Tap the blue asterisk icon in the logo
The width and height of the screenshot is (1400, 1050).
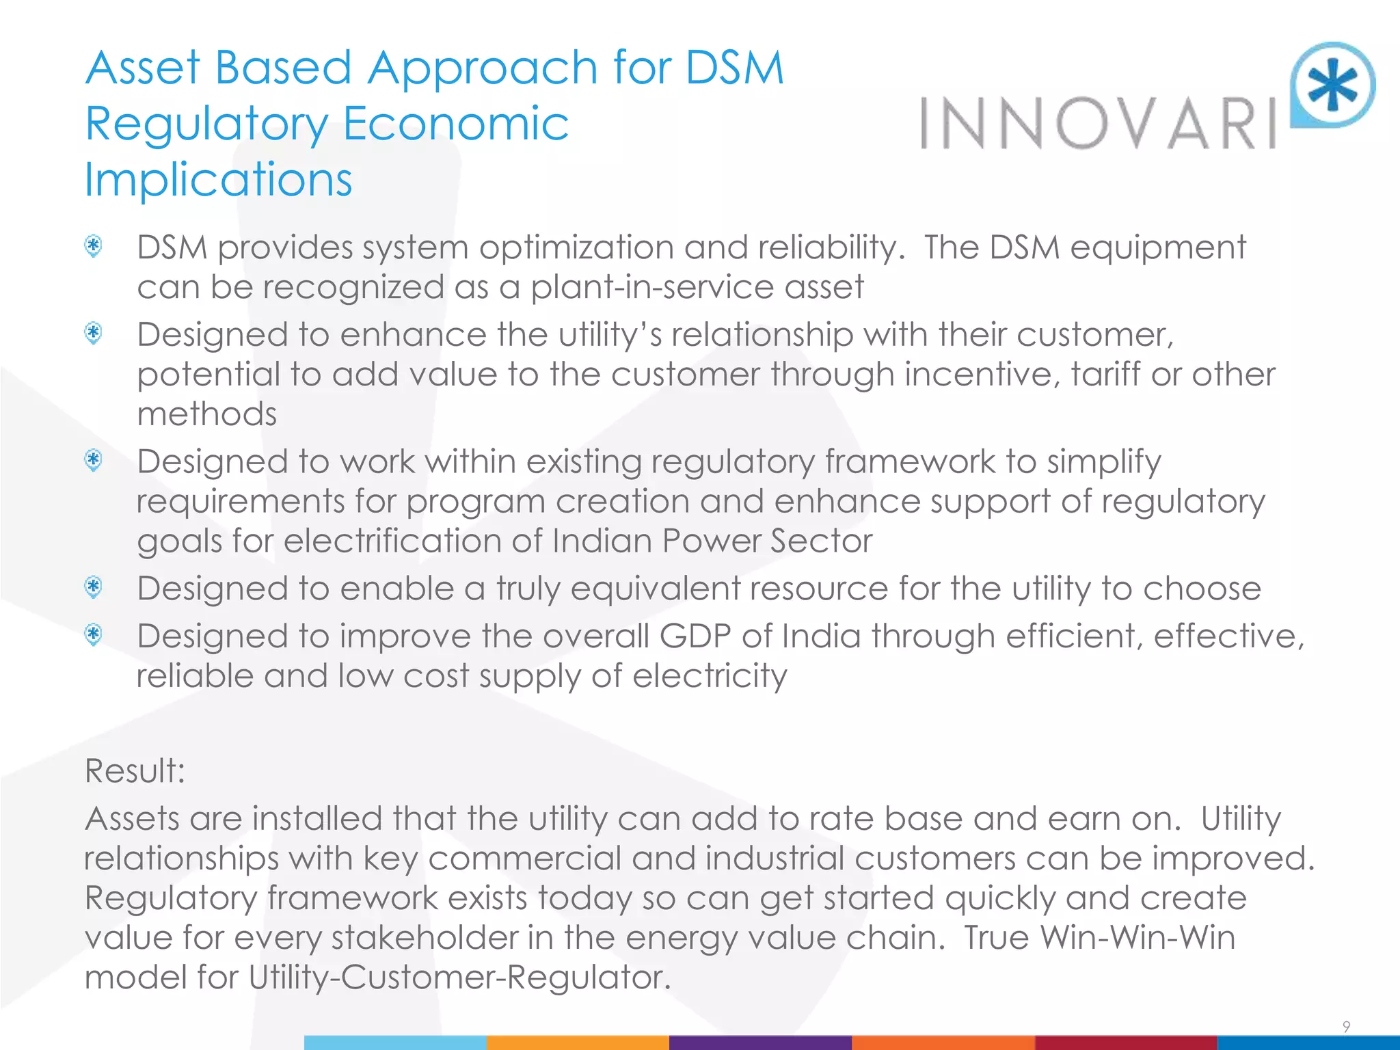tap(1333, 85)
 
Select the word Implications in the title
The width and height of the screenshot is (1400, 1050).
tap(219, 180)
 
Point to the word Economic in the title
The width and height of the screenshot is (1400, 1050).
tap(455, 124)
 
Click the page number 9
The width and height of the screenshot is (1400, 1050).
tap(1346, 1027)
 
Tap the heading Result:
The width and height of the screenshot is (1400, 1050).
tap(135, 770)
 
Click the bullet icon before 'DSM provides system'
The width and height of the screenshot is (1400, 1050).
tap(94, 246)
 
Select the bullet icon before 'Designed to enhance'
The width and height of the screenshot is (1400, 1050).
tap(94, 334)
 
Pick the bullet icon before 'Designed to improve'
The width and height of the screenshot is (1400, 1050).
tap(94, 635)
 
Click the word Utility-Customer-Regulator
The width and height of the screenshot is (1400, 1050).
tap(457, 977)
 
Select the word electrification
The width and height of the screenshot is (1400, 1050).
tap(392, 541)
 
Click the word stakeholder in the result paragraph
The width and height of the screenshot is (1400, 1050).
tap(425, 937)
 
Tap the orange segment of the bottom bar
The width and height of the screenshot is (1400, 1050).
tap(578, 1042)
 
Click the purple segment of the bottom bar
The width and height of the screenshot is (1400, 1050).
tap(760, 1042)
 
